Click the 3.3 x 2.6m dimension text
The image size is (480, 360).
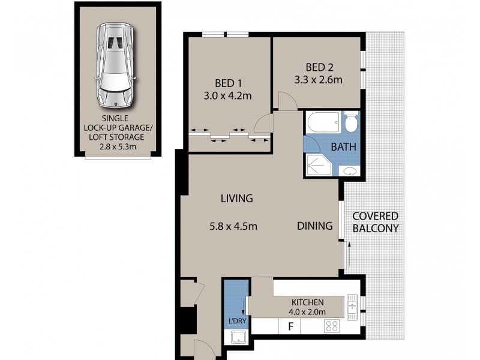click(x=318, y=79)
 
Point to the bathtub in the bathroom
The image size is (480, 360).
click(x=323, y=124)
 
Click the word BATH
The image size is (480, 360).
click(x=344, y=146)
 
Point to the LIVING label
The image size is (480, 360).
click(x=236, y=198)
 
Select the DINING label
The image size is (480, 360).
click(x=314, y=226)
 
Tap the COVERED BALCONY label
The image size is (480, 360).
click(x=376, y=222)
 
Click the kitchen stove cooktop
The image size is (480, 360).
click(x=332, y=327)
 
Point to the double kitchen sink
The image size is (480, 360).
click(x=352, y=305)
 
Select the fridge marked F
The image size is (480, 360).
click(x=291, y=327)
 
